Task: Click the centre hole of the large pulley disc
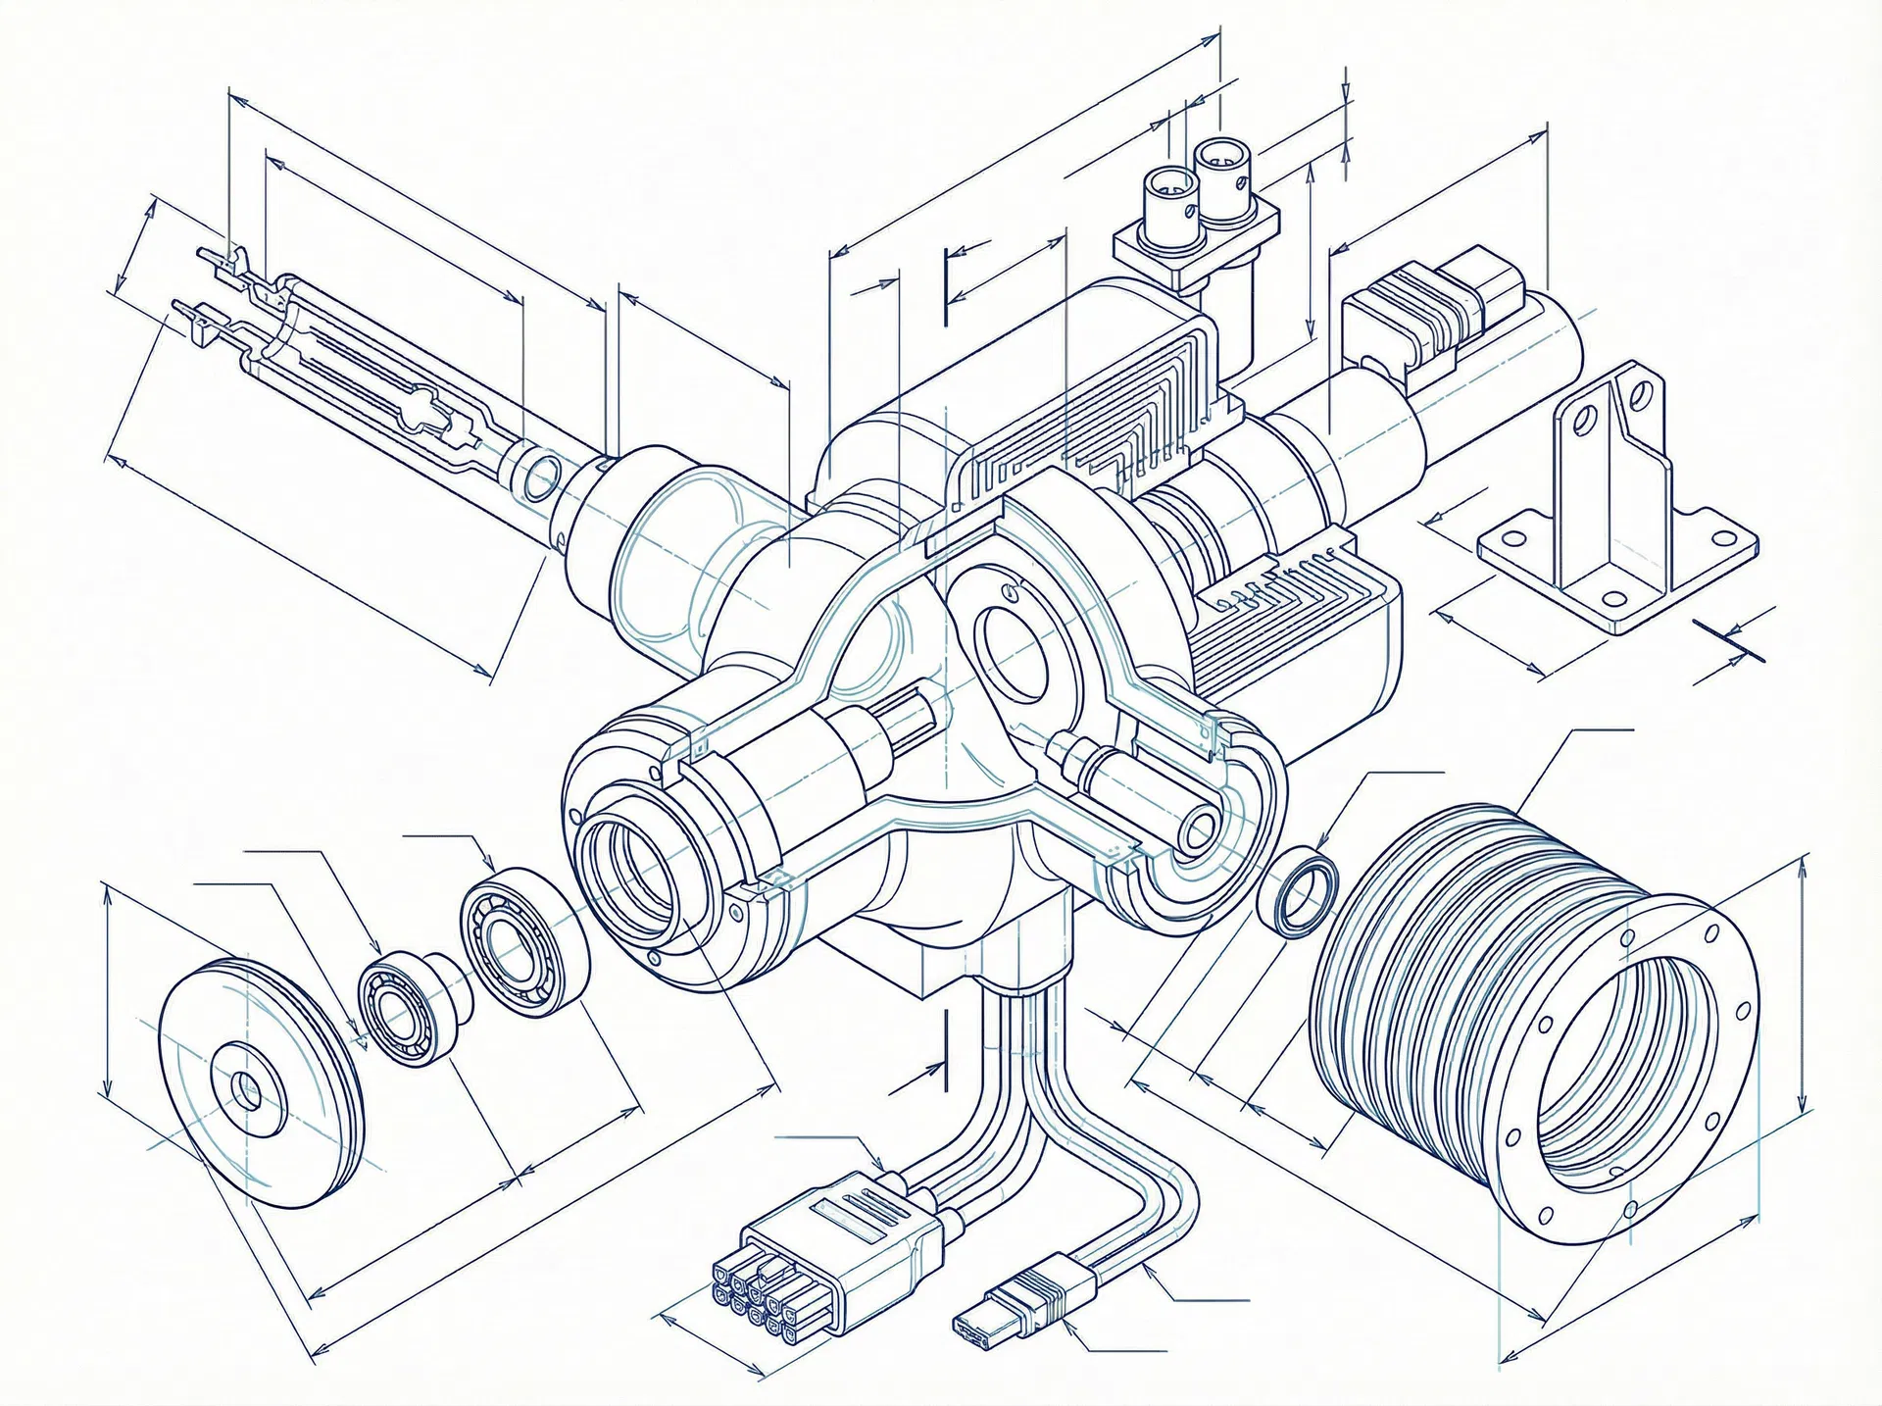point(247,1089)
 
